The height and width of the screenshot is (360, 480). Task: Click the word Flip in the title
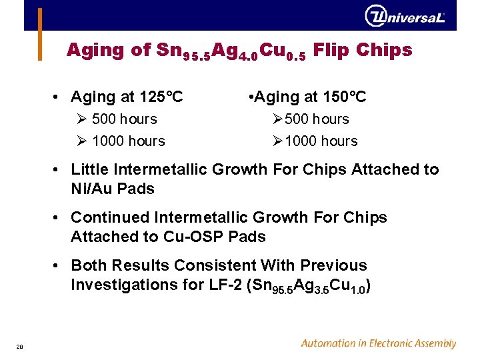click(330, 50)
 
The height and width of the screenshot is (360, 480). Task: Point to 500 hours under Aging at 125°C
click(124, 119)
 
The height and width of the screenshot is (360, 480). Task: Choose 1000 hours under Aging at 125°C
click(128, 141)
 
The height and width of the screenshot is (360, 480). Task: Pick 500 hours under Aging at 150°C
click(316, 119)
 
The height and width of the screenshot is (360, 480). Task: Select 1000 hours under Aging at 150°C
click(320, 141)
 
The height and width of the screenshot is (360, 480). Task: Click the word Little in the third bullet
click(89, 170)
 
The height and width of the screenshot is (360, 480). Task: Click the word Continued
click(110, 218)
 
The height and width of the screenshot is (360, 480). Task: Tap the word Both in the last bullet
click(89, 266)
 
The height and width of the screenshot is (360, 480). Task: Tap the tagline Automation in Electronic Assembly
click(378, 344)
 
